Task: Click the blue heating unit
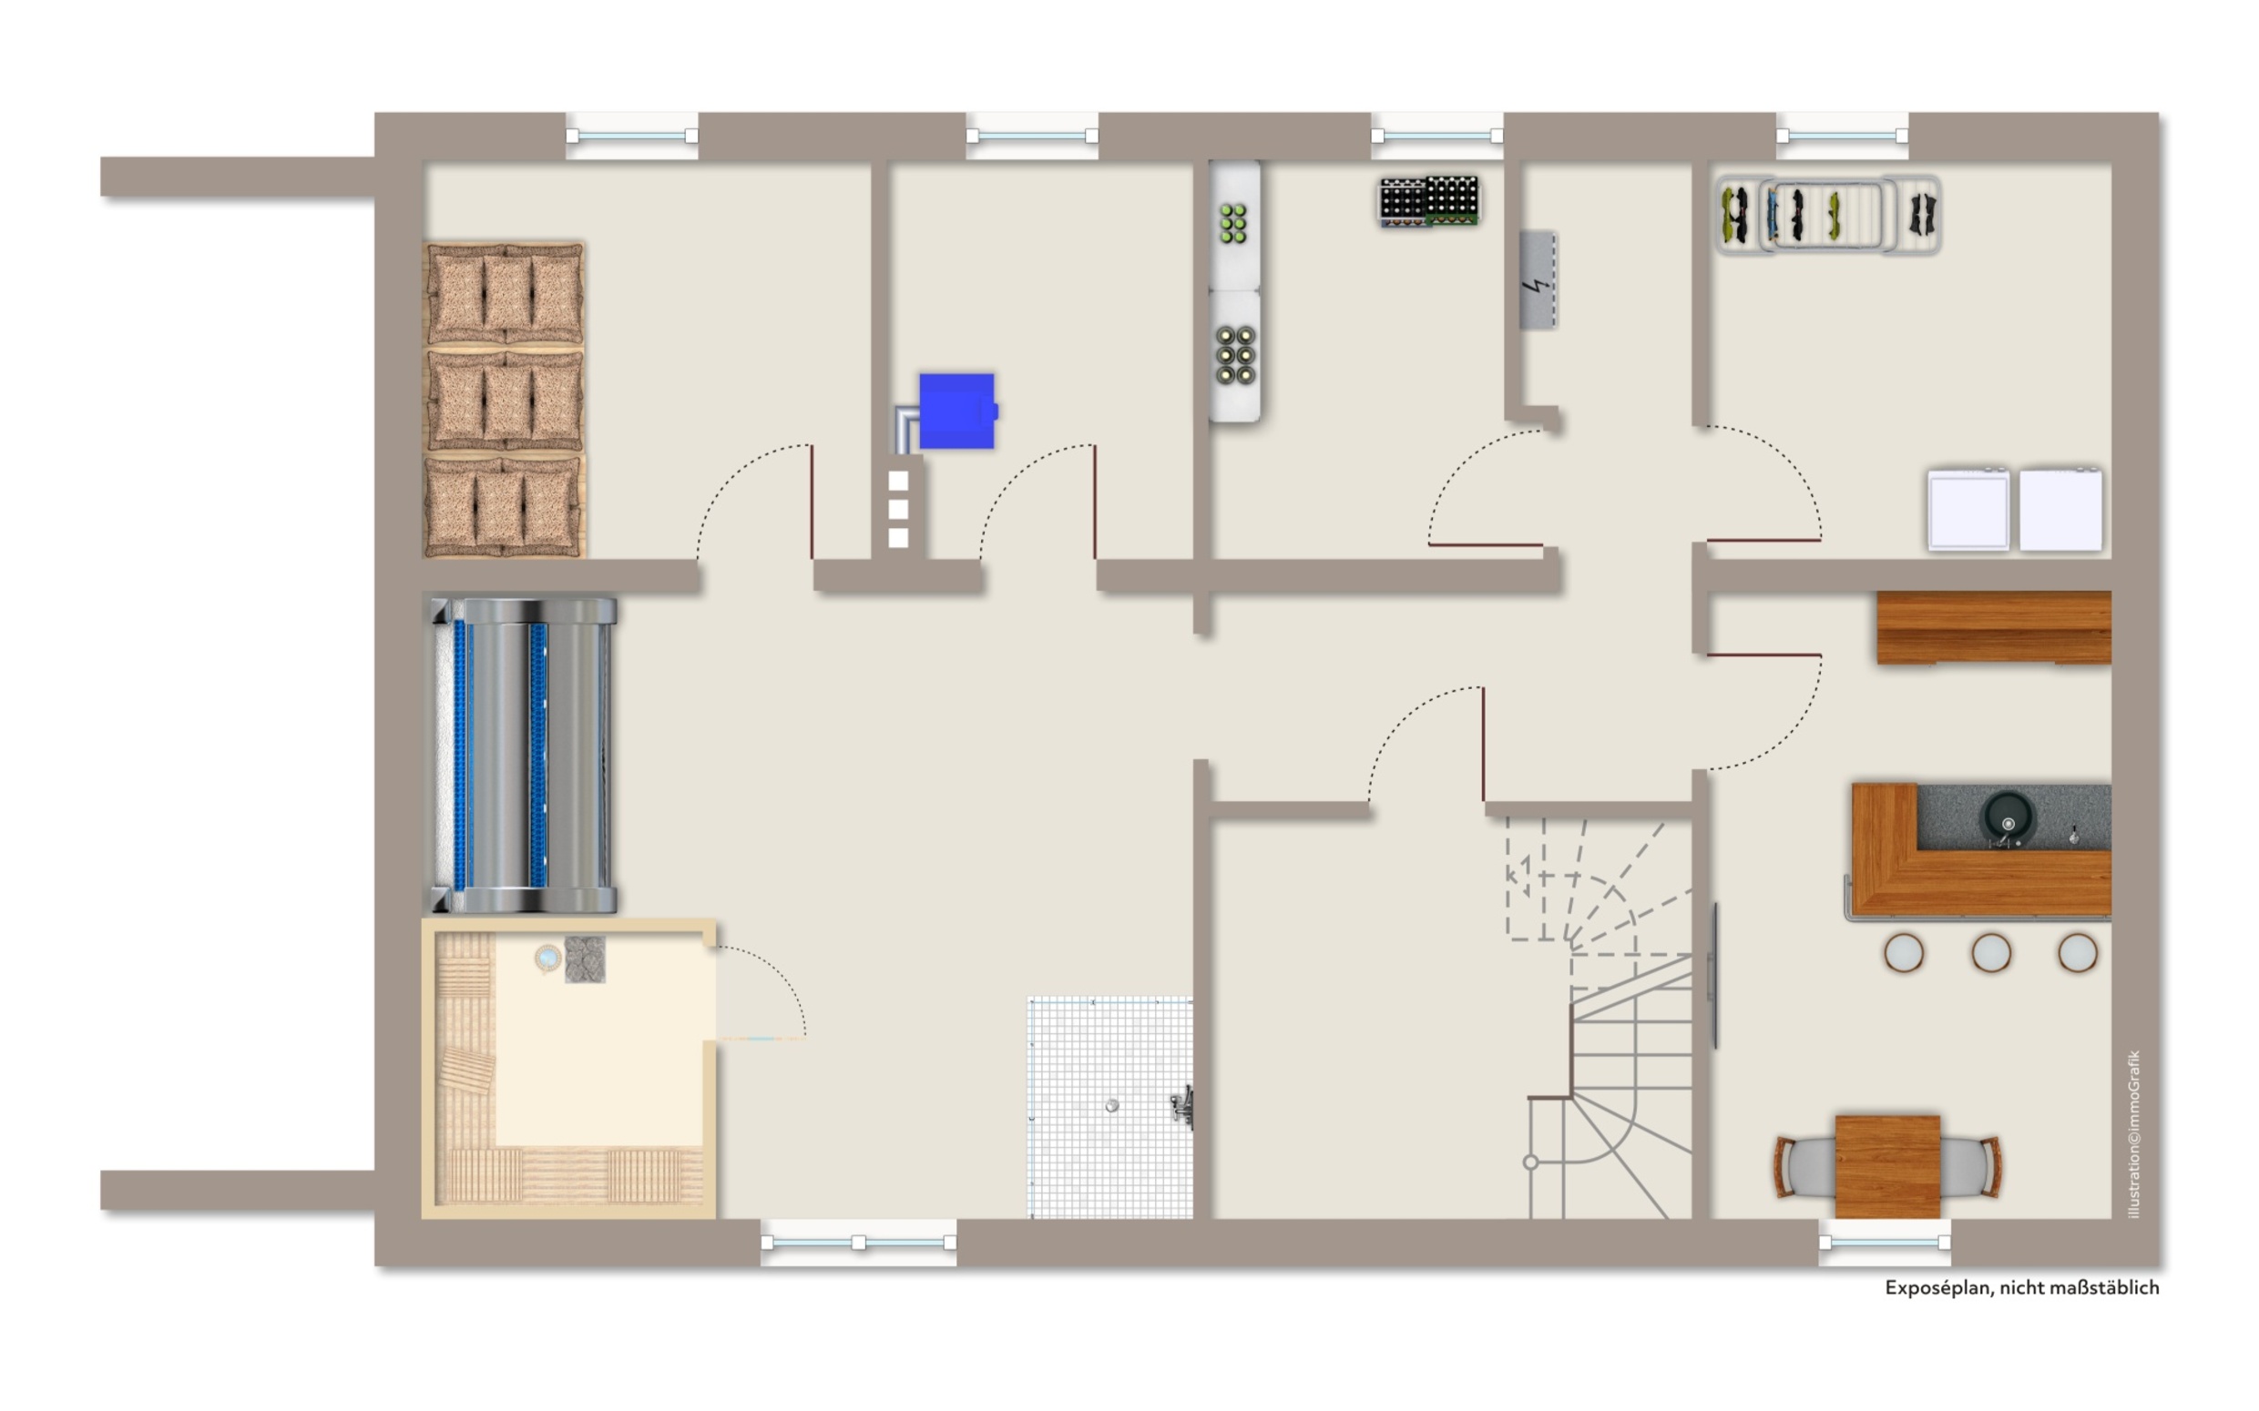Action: click(x=956, y=411)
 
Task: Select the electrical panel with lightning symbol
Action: click(x=1538, y=280)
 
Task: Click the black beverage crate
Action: click(x=1428, y=201)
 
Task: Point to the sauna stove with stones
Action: click(x=585, y=959)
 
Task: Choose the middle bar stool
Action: click(x=1990, y=953)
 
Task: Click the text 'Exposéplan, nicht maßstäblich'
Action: click(x=2022, y=1288)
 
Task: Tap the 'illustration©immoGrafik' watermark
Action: click(x=2133, y=1134)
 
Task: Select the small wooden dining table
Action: click(x=1887, y=1166)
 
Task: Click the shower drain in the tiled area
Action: click(x=1111, y=1106)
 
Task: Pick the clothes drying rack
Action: click(x=1828, y=215)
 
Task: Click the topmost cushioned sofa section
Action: click(x=505, y=295)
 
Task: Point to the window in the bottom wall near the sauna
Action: click(x=858, y=1242)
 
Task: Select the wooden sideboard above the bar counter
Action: click(x=1994, y=627)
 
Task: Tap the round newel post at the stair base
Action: click(x=1531, y=1162)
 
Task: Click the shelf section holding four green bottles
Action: click(x=1233, y=224)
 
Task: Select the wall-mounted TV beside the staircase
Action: click(x=1712, y=976)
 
